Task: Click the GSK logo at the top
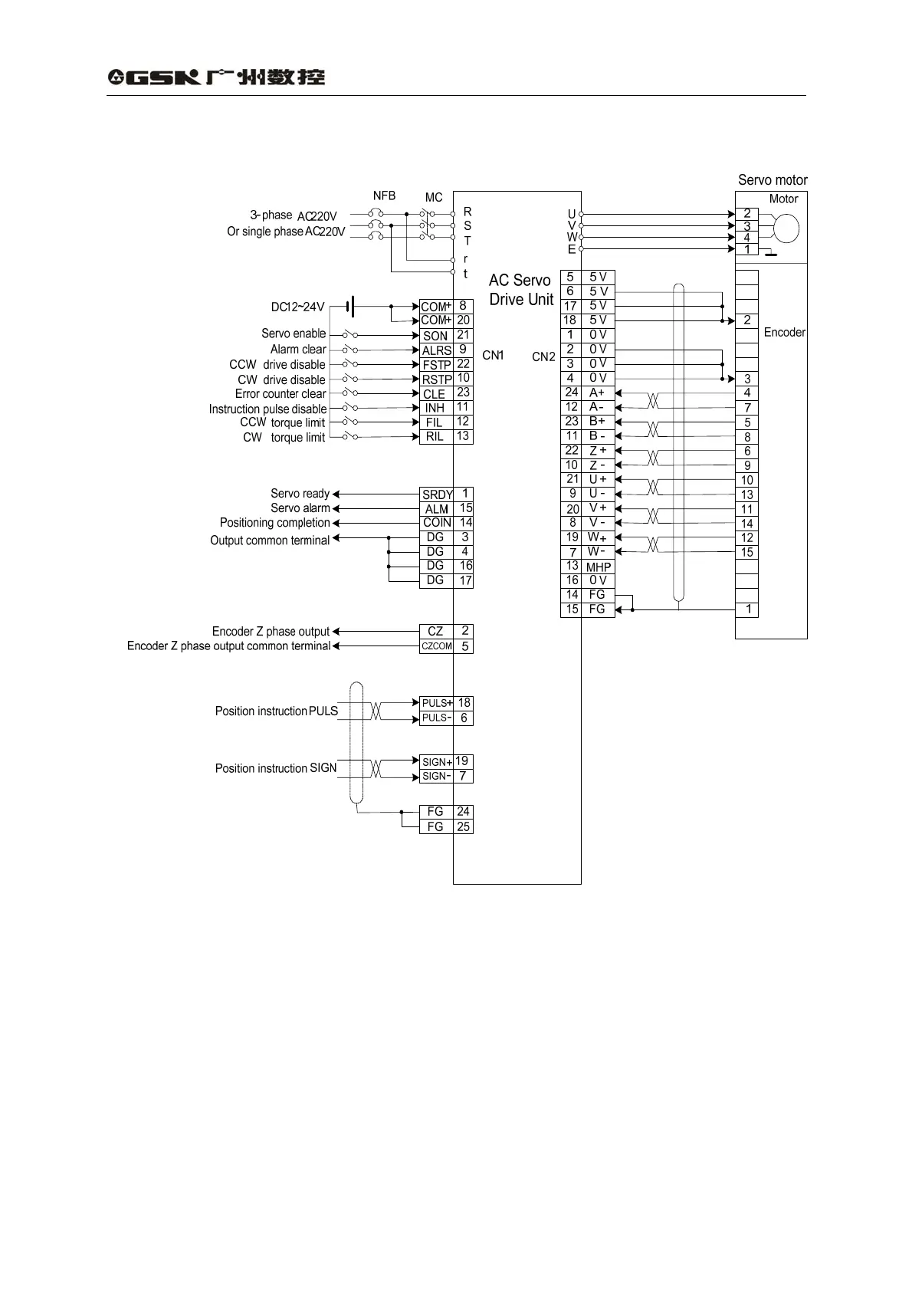[216, 77]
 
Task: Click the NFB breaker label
[384, 195]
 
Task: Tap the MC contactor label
[434, 198]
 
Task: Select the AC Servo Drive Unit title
[520, 290]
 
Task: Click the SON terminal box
[435, 335]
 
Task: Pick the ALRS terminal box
[436, 350]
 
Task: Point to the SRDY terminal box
[437, 494]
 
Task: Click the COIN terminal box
[437, 523]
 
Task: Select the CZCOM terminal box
[436, 646]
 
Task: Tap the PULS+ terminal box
[436, 703]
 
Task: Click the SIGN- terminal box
[436, 776]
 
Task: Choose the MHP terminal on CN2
[598, 567]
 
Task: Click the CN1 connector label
[493, 355]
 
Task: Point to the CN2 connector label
[543, 356]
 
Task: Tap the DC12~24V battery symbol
[349, 307]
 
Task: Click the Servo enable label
[294, 333]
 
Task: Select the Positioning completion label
[274, 523]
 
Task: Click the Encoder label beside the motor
[784, 332]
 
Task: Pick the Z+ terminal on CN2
[598, 451]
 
